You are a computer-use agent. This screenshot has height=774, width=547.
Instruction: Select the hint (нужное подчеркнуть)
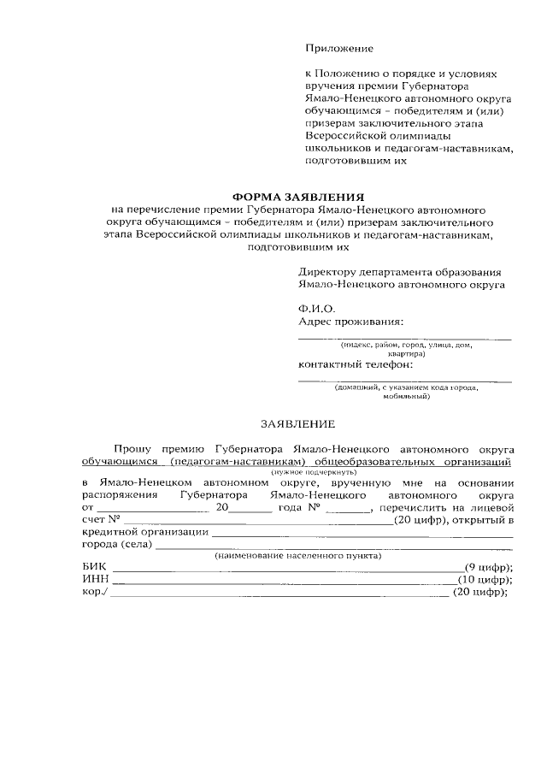(308, 472)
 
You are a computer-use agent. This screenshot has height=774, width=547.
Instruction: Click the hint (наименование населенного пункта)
(298, 555)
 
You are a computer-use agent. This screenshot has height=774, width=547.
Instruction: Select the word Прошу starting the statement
(132, 447)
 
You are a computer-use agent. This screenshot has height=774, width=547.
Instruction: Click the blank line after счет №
(256, 520)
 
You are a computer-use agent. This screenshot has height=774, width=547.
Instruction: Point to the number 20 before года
(223, 507)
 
